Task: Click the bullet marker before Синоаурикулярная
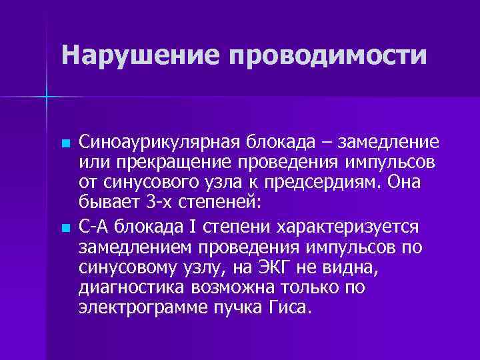pos(64,144)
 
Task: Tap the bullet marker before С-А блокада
pos(64,228)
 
